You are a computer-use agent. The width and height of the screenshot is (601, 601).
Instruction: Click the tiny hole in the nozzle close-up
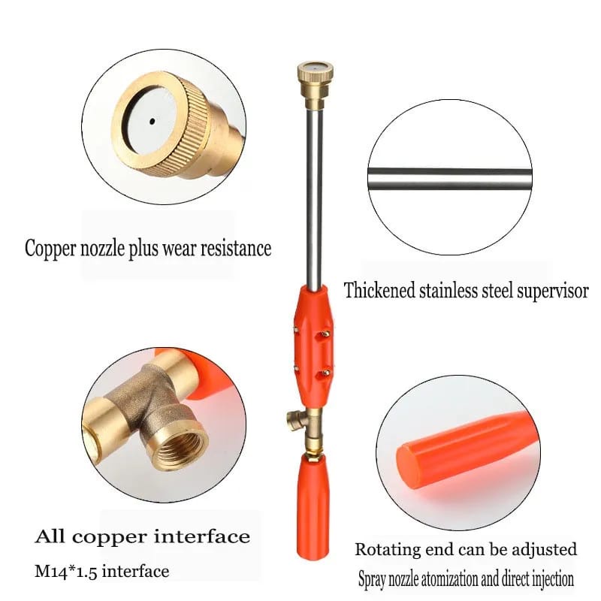pos(153,122)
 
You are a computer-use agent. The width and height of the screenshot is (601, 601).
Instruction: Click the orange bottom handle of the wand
pos(313,505)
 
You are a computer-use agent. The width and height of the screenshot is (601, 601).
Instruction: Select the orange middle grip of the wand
pos(313,347)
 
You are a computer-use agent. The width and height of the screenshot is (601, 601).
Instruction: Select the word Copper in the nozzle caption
pos(50,249)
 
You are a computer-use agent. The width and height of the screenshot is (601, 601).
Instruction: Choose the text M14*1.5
pos(66,572)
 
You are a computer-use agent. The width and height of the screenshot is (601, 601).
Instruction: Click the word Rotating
pos(388,550)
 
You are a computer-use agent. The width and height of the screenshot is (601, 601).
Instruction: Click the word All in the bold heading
pos(50,536)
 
